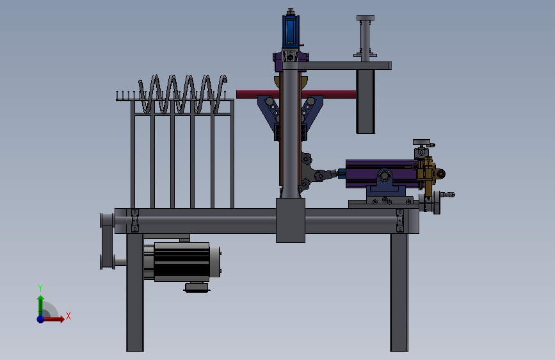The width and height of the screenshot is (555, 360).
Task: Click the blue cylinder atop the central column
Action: point(291,31)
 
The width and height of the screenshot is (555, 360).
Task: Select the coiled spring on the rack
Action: point(182,94)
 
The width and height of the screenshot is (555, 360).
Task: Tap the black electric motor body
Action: point(182,262)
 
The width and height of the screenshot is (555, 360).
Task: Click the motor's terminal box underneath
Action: point(197,287)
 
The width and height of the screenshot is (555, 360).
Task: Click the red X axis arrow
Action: point(54,319)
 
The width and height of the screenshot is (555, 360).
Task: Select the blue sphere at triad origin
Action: point(41,318)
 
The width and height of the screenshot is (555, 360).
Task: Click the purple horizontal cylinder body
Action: point(380,174)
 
